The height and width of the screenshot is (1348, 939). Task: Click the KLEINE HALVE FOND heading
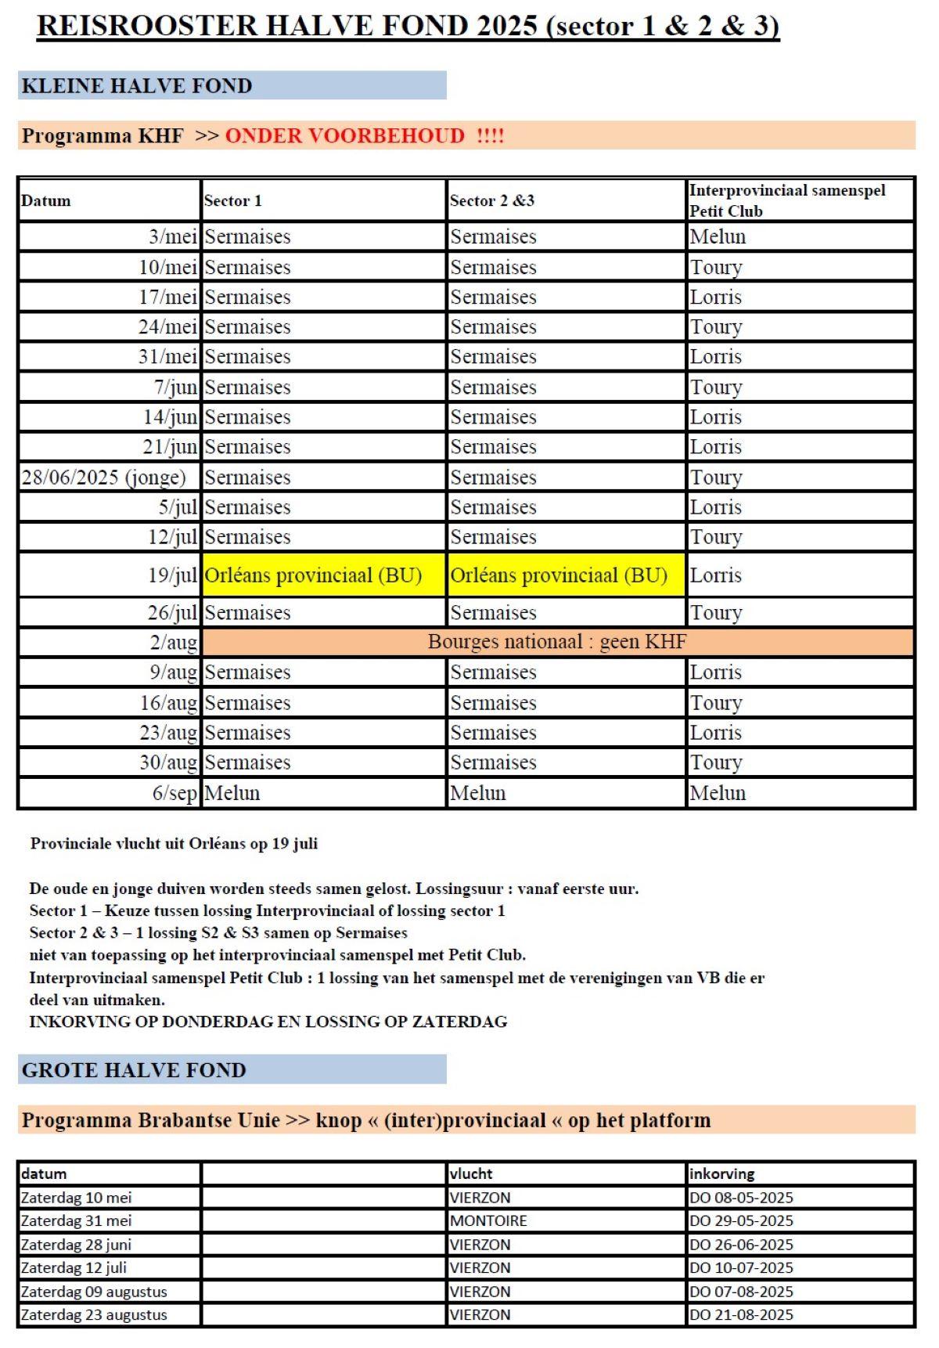point(137,85)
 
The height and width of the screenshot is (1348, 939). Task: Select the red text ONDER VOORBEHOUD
point(344,135)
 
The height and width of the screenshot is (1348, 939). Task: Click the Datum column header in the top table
point(46,200)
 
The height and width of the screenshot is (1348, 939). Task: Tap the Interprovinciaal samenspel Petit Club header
point(786,200)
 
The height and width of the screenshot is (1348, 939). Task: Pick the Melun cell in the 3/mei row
point(718,236)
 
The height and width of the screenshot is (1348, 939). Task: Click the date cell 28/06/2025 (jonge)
point(104,477)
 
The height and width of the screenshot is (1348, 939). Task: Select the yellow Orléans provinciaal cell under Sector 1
point(313,575)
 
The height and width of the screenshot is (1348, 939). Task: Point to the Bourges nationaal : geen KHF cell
point(556,642)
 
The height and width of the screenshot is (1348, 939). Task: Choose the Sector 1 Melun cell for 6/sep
point(232,793)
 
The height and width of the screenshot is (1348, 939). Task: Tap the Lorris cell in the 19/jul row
point(715,575)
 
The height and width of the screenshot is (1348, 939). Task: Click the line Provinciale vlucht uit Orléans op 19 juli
point(174,844)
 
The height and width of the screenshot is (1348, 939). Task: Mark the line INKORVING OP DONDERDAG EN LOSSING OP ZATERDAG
point(268,1022)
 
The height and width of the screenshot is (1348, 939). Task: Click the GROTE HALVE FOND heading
point(134,1070)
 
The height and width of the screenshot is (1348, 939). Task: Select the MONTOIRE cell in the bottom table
point(488,1220)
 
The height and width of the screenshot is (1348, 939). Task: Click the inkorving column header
point(721,1173)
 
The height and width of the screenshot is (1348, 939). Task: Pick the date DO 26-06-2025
point(741,1244)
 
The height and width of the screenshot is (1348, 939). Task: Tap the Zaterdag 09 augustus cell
point(94,1291)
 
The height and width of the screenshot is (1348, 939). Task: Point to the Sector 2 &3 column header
point(491,200)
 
